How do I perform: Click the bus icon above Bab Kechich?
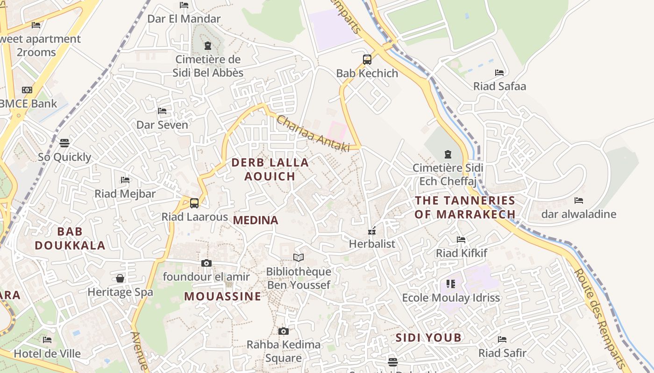367,60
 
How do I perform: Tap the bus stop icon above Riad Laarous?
194,203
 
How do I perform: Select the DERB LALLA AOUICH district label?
270,169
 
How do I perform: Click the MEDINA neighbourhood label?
256,220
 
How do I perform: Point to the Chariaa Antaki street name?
313,134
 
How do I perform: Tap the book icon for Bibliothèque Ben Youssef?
298,257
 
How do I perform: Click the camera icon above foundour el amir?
206,263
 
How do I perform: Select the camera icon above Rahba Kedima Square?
283,332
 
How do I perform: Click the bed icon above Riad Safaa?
499,73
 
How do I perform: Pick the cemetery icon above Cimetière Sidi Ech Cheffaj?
448,154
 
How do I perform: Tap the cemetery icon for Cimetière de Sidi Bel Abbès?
208,46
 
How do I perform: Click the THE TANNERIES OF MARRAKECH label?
465,207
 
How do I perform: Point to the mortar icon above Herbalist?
372,231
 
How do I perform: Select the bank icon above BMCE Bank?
27,90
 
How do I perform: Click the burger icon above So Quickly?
64,143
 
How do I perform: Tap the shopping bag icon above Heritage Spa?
120,279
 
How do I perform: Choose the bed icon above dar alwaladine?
579,200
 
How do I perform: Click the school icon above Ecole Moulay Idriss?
450,284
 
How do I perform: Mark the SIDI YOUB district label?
428,338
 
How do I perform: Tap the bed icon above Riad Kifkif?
461,240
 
